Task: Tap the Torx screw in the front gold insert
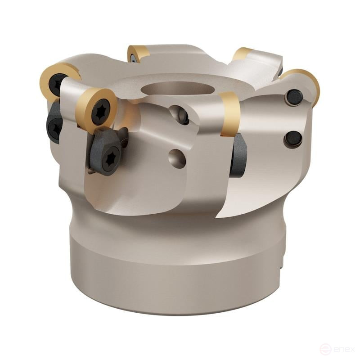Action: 100,112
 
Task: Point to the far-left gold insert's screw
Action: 57,84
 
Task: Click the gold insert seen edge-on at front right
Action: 230,114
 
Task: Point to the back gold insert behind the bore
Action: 137,53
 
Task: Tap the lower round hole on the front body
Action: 177,158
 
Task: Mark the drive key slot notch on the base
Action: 283,261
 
